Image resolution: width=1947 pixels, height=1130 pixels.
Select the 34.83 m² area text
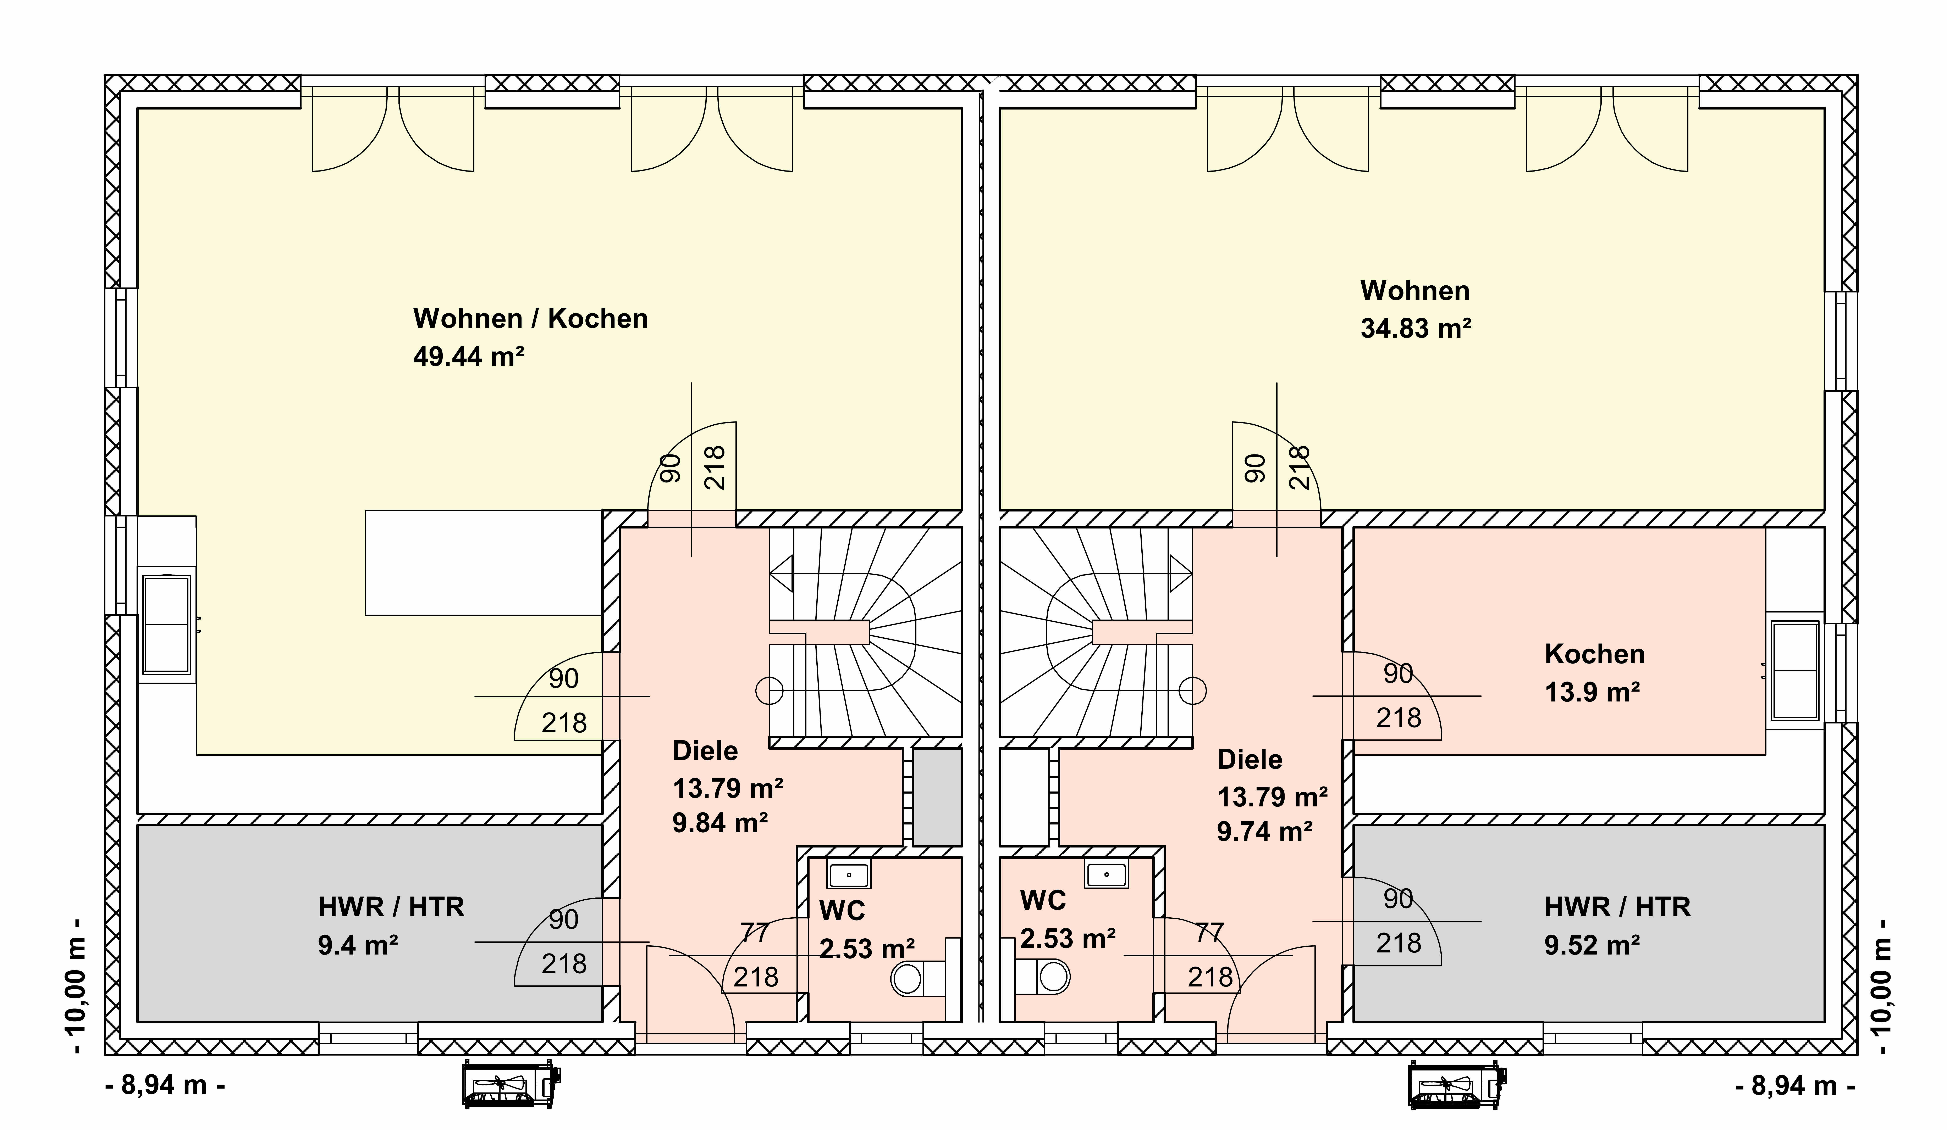(1416, 328)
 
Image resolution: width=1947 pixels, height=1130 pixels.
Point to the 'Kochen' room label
(1595, 654)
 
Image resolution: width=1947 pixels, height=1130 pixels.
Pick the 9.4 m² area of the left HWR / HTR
(358, 945)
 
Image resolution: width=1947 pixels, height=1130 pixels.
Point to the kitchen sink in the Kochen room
(1796, 670)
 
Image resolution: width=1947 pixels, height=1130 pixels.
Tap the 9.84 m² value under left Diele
(720, 823)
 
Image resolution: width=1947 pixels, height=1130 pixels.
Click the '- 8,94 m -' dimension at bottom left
(165, 1085)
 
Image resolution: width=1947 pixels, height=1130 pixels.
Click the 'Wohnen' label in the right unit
(1415, 290)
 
